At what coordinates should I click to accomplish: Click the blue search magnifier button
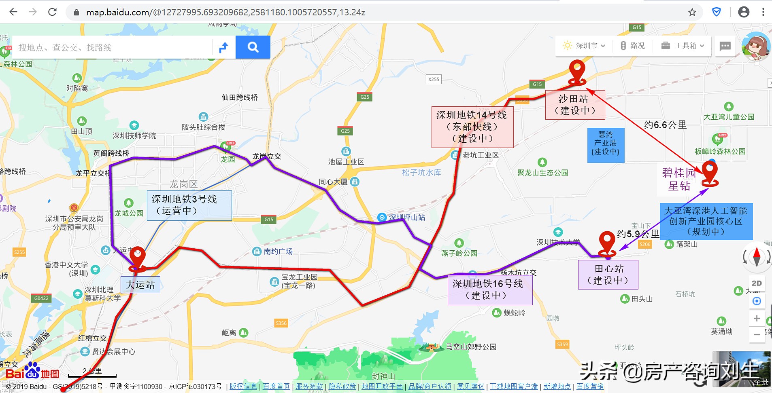click(x=253, y=47)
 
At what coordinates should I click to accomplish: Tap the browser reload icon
click(x=52, y=12)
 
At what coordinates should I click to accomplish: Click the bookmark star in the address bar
click(x=692, y=12)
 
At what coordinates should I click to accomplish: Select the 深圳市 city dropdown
click(x=584, y=46)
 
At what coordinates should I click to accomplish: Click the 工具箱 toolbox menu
click(x=683, y=46)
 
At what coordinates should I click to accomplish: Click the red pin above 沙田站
click(x=577, y=71)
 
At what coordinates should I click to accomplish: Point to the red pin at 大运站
click(x=137, y=257)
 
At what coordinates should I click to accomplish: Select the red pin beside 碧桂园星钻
click(x=710, y=171)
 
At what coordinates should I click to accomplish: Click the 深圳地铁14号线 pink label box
click(x=472, y=127)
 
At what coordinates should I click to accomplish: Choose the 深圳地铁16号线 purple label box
click(x=489, y=289)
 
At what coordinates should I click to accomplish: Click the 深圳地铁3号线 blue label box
click(x=189, y=205)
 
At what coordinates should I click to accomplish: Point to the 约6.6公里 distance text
click(x=665, y=125)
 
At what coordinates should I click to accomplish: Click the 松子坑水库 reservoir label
click(x=421, y=173)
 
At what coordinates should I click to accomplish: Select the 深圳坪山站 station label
click(x=406, y=218)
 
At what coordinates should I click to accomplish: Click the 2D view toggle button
click(x=756, y=283)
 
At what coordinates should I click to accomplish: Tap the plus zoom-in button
click(x=756, y=318)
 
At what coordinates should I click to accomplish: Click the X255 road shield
click(x=434, y=79)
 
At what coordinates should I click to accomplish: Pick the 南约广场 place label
click(x=278, y=251)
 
